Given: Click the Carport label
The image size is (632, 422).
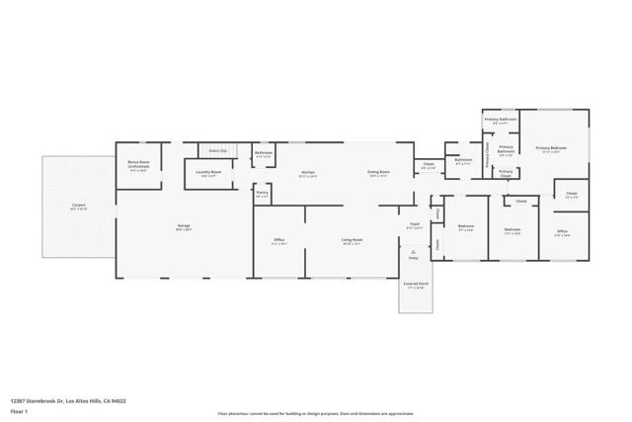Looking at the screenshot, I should pos(78,207).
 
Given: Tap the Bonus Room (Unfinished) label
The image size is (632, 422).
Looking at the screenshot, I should pos(138,165).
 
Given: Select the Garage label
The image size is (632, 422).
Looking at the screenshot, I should pos(184,227).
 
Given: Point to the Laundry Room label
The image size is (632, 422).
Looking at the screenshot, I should pos(209,173).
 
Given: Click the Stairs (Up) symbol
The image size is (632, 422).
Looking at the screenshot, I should pos(217,150).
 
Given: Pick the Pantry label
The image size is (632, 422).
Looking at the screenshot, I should pos(262,194).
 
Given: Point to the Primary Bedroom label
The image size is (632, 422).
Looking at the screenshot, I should pos(551,148).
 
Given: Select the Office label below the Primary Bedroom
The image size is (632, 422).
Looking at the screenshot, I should pos(562,232).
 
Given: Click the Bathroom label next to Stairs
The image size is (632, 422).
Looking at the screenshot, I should pos(264,153).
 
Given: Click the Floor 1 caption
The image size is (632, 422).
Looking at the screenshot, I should pos(21,410).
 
